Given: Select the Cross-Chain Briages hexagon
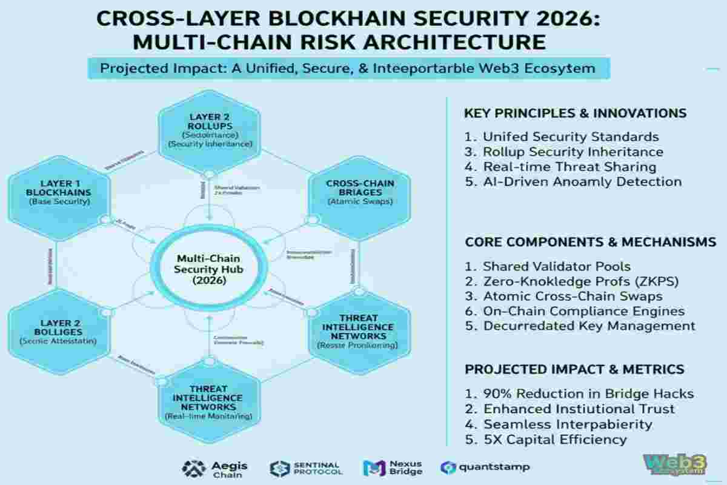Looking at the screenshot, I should tap(359, 192).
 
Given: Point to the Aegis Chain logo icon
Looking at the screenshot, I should tap(193, 467).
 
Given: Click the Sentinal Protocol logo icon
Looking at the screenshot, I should tap(280, 467).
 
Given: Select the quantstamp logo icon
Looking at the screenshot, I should tap(449, 467).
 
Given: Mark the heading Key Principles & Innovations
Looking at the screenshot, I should tap(575, 113).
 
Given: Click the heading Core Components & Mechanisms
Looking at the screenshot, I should tap(590, 242).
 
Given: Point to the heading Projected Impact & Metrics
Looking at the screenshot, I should tap(574, 369).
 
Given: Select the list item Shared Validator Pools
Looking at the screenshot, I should tap(556, 266).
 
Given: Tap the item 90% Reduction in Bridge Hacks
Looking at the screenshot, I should tap(580, 394).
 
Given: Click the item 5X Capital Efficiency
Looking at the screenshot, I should tap(554, 440).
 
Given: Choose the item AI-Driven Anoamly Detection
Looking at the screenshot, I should tap(582, 181).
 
